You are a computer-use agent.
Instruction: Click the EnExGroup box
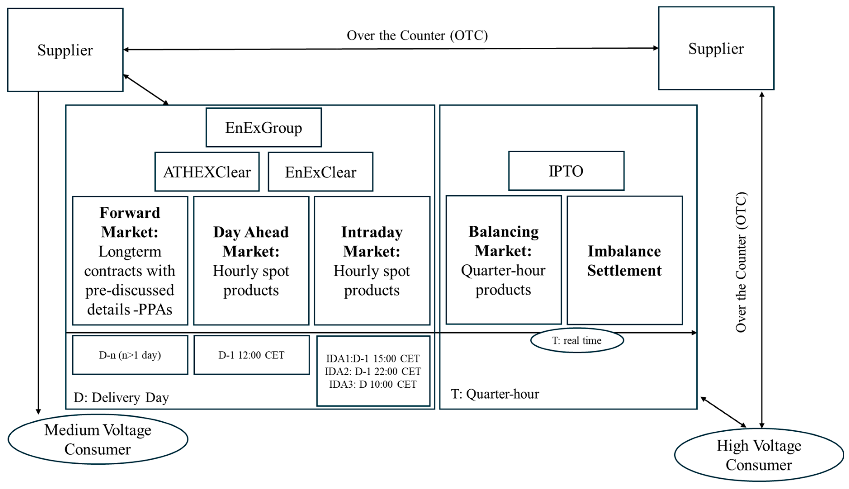[263, 127]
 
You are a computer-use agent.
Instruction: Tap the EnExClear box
[320, 172]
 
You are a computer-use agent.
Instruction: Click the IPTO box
[566, 171]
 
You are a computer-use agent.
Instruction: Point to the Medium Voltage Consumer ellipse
[98, 439]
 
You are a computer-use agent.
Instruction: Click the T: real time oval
[577, 341]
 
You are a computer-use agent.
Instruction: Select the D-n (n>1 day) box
[130, 355]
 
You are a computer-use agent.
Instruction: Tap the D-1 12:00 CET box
[251, 355]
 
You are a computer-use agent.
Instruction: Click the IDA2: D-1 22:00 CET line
[373, 372]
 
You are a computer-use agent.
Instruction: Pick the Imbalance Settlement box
[624, 261]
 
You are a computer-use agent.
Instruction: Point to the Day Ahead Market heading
[251, 241]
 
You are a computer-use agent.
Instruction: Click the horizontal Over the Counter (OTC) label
[417, 35]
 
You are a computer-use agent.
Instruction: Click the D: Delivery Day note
[121, 398]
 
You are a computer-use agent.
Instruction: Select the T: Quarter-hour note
[495, 394]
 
